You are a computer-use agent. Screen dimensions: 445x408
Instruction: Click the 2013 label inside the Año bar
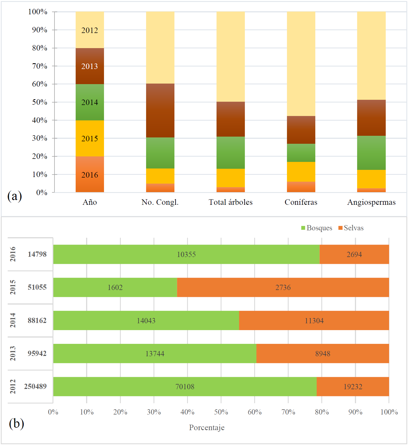click(90, 66)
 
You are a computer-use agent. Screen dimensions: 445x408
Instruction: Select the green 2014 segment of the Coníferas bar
click(301, 153)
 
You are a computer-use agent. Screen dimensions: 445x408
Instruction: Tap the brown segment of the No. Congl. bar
click(160, 110)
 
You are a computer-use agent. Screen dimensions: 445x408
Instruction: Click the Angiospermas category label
click(371, 202)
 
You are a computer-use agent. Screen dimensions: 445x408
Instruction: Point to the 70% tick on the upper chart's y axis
click(40, 66)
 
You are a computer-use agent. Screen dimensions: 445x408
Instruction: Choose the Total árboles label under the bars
click(231, 202)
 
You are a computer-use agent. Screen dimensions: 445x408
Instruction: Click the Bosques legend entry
click(317, 228)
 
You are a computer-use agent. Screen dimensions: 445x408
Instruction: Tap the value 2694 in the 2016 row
click(354, 255)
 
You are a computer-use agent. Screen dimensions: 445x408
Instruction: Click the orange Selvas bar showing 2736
click(283, 288)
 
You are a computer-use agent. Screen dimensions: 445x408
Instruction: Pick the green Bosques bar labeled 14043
click(146, 320)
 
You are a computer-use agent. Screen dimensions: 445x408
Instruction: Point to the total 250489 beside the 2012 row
click(35, 386)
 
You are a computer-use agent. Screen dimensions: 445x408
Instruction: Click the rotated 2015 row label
click(13, 287)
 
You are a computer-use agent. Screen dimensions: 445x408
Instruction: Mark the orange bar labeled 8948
click(322, 353)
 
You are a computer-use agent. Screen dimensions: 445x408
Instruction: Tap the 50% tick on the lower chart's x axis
click(221, 412)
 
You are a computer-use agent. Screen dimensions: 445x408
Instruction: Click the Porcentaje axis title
click(207, 428)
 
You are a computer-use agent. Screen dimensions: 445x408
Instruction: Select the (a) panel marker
click(15, 196)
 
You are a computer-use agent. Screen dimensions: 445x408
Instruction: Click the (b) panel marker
click(16, 424)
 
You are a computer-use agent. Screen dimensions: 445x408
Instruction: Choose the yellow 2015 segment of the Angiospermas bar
click(371, 179)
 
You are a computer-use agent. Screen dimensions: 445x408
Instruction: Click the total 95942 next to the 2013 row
click(37, 353)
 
